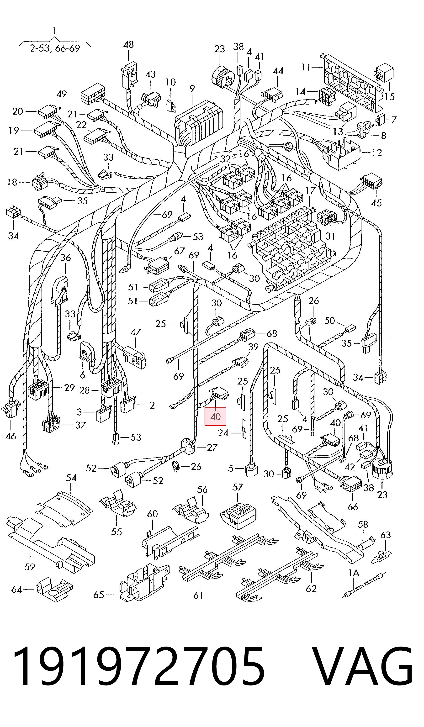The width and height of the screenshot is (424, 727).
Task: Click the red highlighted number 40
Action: (215, 416)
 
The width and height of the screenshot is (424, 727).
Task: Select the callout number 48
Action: (128, 44)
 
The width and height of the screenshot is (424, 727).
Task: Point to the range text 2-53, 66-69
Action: (55, 48)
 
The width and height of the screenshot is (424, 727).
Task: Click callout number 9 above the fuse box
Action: (192, 89)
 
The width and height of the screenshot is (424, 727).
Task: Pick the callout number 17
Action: (310, 191)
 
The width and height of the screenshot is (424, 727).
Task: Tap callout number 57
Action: (238, 487)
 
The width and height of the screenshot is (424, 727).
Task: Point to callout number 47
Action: (135, 332)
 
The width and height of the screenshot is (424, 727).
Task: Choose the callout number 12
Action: (376, 153)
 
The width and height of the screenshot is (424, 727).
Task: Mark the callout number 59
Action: (30, 567)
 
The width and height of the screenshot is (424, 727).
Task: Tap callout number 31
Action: (330, 236)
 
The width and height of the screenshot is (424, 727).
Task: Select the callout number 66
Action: (353, 507)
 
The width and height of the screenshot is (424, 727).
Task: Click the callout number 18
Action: (12, 182)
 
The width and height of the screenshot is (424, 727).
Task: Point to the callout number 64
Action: (16, 589)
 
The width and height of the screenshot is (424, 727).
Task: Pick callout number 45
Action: (376, 203)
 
